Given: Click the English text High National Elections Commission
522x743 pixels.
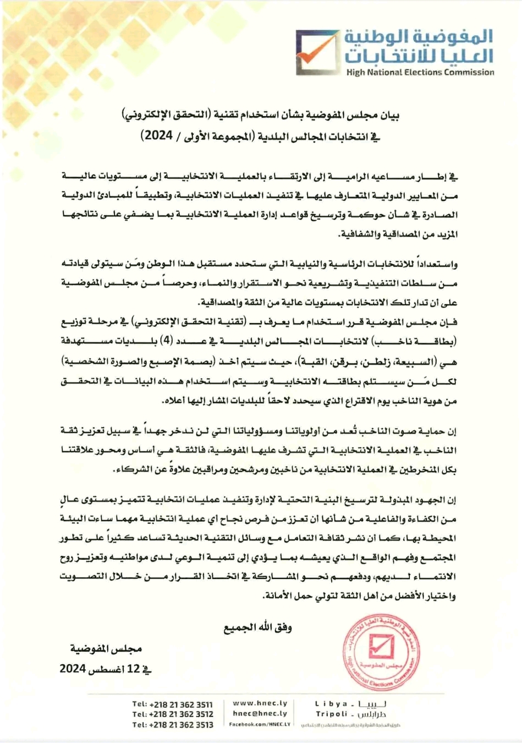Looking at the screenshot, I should click(x=420, y=72).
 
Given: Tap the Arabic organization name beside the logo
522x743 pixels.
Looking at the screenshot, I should click(x=419, y=46).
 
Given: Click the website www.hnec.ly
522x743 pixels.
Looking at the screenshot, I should click(x=260, y=703).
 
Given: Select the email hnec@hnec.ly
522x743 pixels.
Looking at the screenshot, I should click(x=260, y=713).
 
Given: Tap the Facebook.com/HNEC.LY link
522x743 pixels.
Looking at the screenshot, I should click(x=260, y=724).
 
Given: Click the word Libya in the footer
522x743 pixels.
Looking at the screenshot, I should click(x=331, y=703).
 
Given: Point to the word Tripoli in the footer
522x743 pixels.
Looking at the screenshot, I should click(x=332, y=714).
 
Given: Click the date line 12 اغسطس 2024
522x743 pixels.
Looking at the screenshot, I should click(x=106, y=669).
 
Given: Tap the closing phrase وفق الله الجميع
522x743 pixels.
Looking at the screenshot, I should click(x=257, y=628).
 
